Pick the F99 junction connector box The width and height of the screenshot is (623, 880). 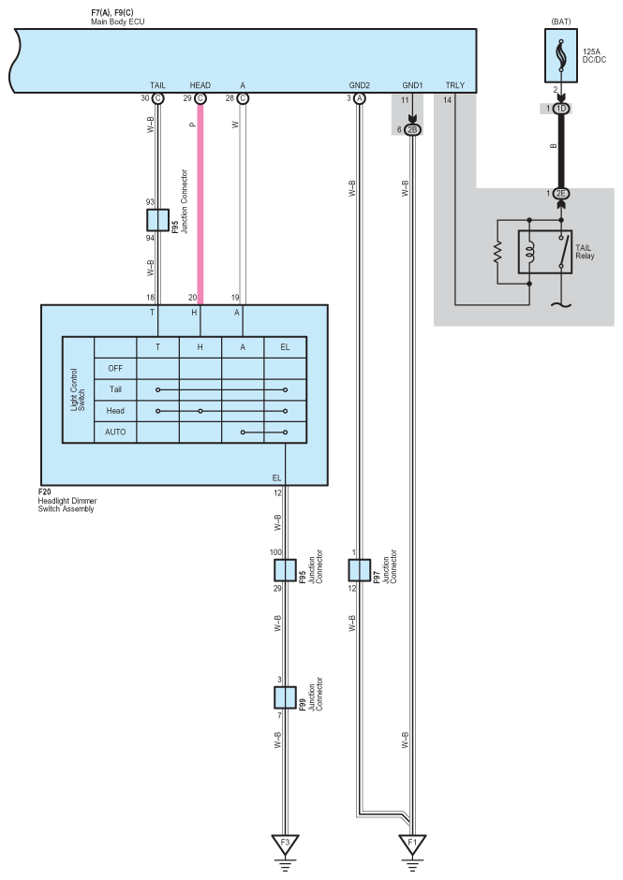[285, 697]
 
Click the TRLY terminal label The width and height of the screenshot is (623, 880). [454, 85]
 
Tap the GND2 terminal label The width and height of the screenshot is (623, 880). [359, 85]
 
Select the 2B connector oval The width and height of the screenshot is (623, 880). [414, 128]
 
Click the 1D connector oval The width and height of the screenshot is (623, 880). [560, 110]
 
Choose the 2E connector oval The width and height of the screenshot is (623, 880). [560, 194]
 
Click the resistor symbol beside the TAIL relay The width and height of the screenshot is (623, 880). [498, 250]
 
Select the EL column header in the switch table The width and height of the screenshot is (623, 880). [285, 345]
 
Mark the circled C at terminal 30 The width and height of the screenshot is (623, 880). [157, 97]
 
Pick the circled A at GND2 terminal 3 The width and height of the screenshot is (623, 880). [359, 97]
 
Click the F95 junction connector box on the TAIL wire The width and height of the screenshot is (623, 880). [157, 220]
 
